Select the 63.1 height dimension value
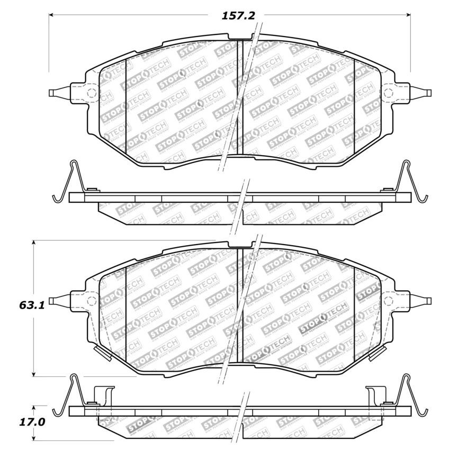coord(17,306)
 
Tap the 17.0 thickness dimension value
coord(17,424)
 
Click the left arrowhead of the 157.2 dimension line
coord(52,15)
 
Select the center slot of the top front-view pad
coord(239,98)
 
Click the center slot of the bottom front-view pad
coord(239,306)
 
